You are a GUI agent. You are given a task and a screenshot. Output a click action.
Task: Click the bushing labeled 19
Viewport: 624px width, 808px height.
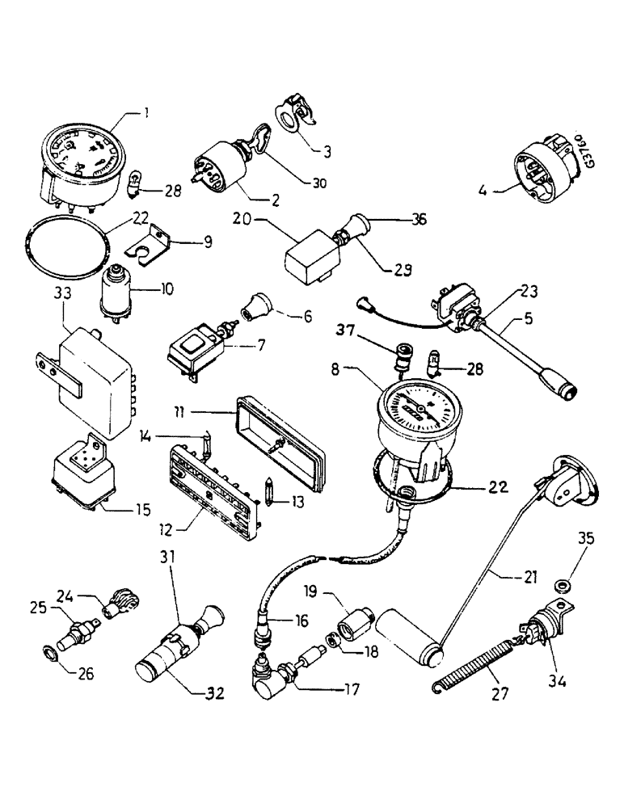(x=355, y=625)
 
